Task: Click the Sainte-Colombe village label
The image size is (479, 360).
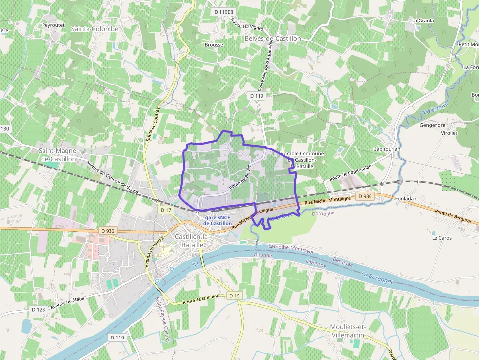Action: [x=95, y=29]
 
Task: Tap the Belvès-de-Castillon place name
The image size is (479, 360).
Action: [x=273, y=38]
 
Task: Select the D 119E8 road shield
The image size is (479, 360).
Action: [x=224, y=11]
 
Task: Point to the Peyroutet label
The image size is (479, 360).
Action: [x=53, y=24]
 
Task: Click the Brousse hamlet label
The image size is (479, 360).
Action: [x=214, y=45]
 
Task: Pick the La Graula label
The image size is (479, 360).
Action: [x=423, y=21]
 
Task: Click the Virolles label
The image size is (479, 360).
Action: [x=449, y=133]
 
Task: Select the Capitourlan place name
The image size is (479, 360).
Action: [x=387, y=149]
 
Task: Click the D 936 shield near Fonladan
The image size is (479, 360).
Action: [x=364, y=196]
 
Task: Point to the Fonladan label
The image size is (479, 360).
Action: [x=406, y=199]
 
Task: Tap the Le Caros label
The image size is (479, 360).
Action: [x=442, y=238]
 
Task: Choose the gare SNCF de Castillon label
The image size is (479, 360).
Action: [x=218, y=220]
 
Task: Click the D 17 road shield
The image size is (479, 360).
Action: [x=166, y=210]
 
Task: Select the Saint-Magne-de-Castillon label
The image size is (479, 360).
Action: [x=58, y=154]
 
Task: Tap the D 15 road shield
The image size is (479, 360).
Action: [x=235, y=296]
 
